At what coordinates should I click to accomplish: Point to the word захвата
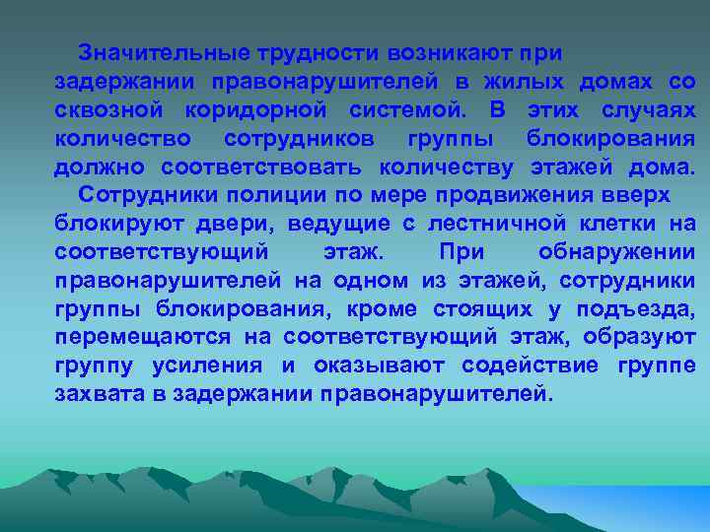[x=98, y=394]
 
